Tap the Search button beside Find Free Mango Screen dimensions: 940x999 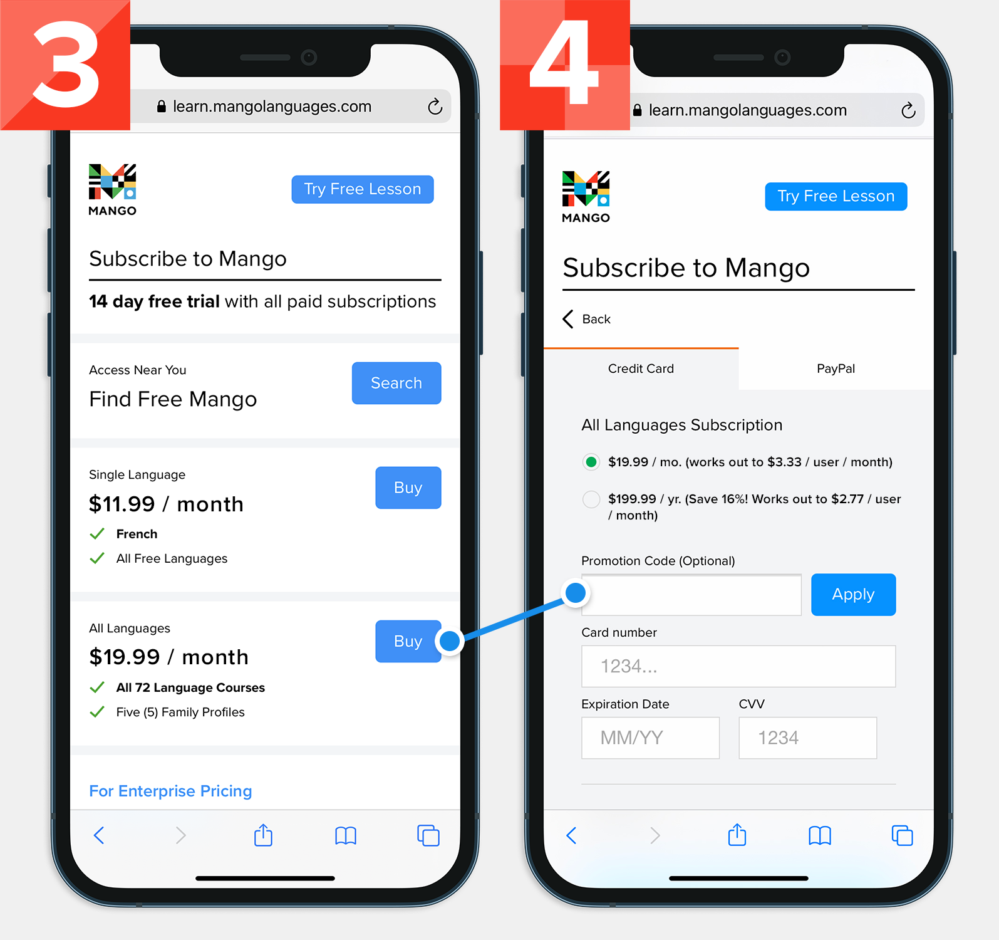[x=396, y=383]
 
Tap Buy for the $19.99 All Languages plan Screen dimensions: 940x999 [x=408, y=641]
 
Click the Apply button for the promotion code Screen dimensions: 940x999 [x=853, y=594]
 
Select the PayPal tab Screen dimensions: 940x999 [x=836, y=368]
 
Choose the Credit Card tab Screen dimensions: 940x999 [x=641, y=368]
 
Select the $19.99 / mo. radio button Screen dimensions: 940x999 [x=591, y=462]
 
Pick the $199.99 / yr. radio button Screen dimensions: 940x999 [x=591, y=499]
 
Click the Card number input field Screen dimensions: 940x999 [x=738, y=666]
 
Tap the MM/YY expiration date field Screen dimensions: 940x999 [x=650, y=738]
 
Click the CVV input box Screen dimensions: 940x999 [x=807, y=738]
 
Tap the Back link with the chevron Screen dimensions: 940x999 [x=587, y=319]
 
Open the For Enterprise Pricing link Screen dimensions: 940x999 [x=170, y=791]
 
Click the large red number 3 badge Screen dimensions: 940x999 [x=65, y=65]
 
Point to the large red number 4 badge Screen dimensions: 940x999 [x=564, y=65]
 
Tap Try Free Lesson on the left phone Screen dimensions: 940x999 [x=362, y=189]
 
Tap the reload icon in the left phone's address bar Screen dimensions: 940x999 [x=435, y=107]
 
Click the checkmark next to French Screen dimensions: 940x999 [x=97, y=534]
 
